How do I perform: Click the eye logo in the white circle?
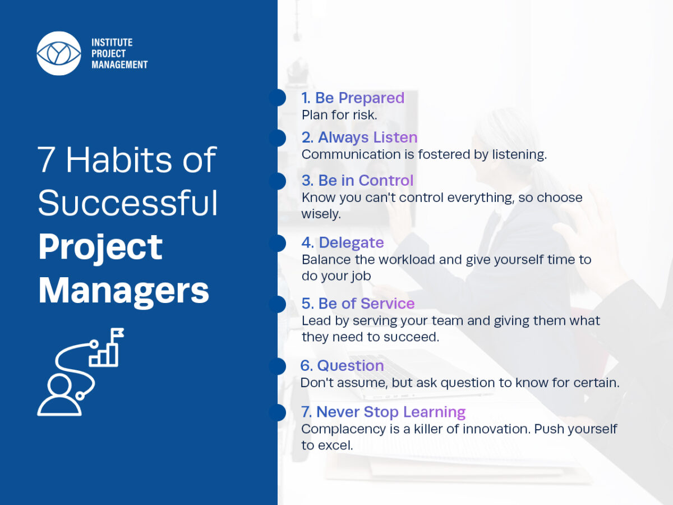click(59, 53)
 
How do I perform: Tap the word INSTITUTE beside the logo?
click(112, 42)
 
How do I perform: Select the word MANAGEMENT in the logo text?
click(119, 65)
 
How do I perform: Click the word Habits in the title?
click(119, 159)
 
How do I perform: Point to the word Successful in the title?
click(128, 203)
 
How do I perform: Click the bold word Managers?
click(123, 290)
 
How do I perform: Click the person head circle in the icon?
click(58, 385)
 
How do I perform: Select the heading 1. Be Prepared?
click(353, 98)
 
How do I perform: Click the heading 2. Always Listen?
click(359, 137)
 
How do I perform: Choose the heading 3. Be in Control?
click(357, 180)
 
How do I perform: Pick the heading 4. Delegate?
click(343, 242)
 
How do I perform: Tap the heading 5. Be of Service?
click(358, 304)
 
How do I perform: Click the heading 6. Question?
click(342, 365)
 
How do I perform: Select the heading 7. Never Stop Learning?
click(383, 412)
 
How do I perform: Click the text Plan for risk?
click(339, 115)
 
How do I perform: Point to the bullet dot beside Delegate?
click(278, 244)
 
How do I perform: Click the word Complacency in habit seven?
click(343, 429)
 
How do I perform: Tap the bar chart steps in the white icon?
click(103, 355)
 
